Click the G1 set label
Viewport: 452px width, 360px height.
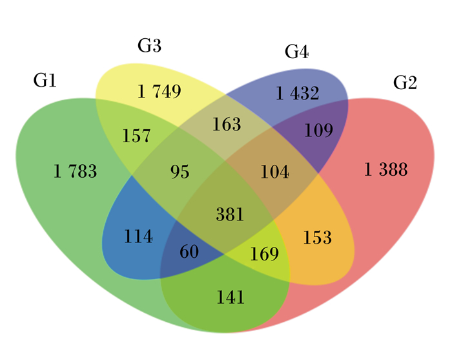45,80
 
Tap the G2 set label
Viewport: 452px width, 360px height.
405,83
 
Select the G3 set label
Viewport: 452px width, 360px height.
149,46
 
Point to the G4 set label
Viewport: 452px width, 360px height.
296,52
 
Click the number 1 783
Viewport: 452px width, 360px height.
76,171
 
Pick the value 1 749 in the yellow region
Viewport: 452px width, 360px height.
159,91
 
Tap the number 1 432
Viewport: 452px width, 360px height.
298,93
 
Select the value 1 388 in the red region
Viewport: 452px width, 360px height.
386,169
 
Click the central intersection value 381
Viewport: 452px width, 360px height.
230,215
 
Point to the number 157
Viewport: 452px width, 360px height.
136,136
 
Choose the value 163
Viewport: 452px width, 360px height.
227,124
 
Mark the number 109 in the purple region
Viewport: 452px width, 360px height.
319,130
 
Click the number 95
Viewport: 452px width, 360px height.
180,172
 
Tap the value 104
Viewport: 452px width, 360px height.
274,172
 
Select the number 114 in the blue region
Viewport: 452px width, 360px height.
138,237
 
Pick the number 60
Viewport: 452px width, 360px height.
189,251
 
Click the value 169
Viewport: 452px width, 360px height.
265,254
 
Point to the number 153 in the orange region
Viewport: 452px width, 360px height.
318,238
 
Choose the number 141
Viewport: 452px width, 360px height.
231,297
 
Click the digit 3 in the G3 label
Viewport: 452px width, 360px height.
156,46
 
